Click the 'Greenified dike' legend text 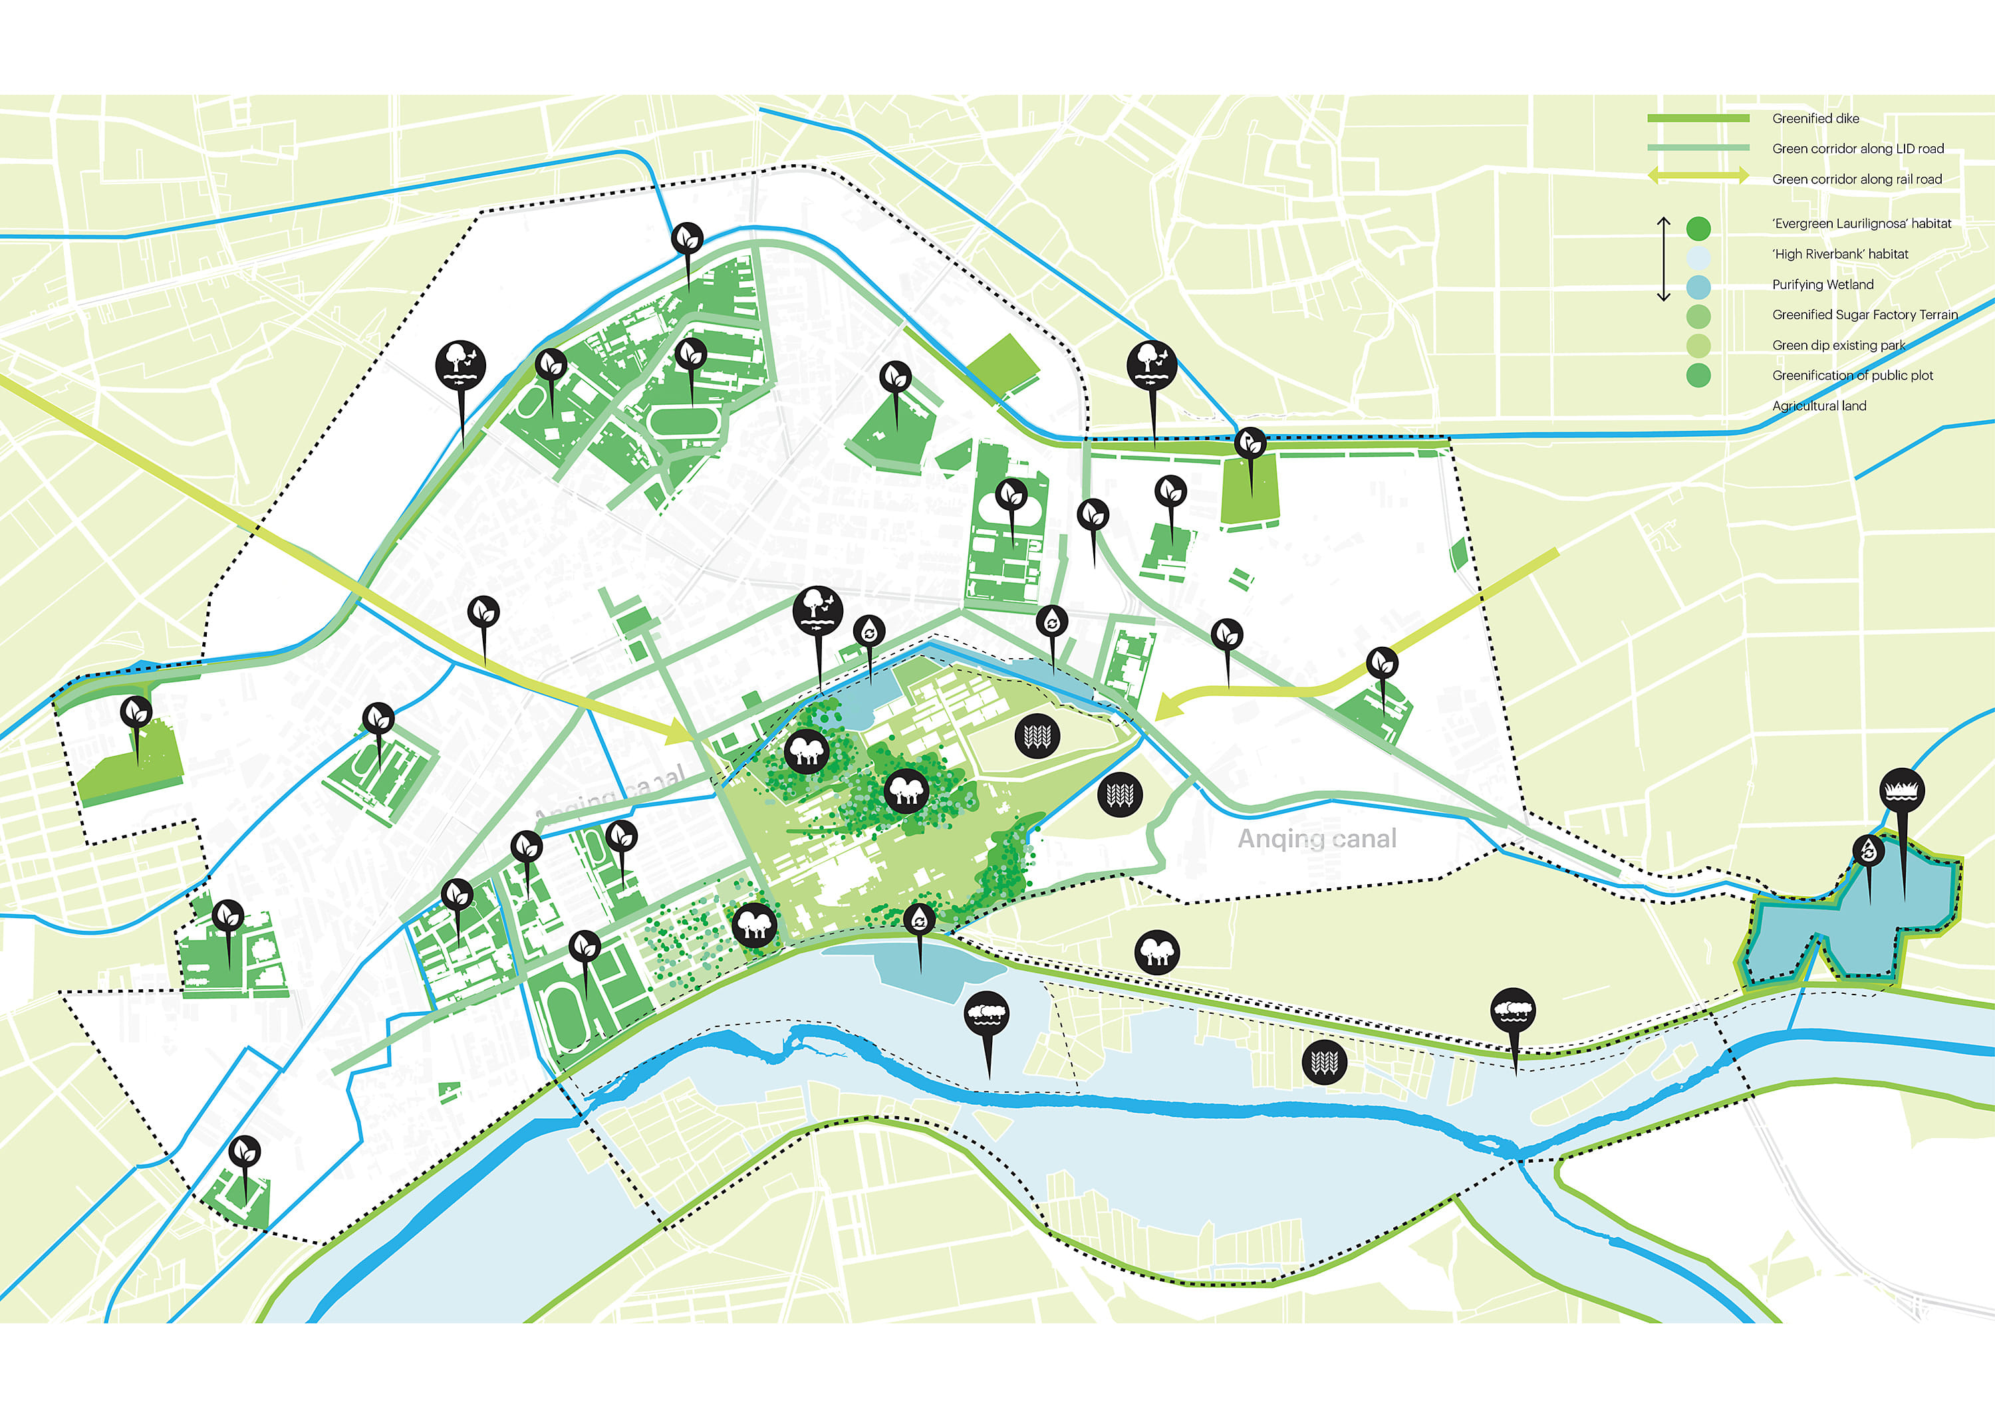(1815, 118)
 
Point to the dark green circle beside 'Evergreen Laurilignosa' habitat (1698, 229)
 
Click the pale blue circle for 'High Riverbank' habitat (1698, 257)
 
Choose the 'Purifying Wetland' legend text (1822, 284)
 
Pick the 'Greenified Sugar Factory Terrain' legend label (1865, 314)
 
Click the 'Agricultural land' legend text (1819, 406)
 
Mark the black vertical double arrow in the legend (1663, 259)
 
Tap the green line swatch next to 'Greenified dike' (1698, 118)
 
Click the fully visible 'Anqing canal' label (1317, 838)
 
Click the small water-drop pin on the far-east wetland (1868, 850)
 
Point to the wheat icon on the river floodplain (1324, 1062)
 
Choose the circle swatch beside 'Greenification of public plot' (1698, 376)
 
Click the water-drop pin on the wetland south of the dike (919, 918)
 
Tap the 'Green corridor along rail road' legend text (1857, 179)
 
